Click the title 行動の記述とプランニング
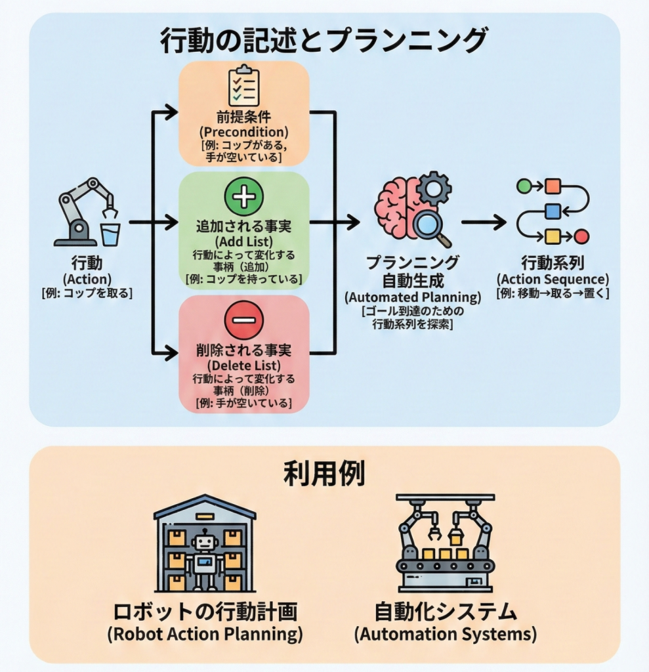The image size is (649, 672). [x=324, y=41]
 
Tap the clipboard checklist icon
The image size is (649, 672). [x=243, y=85]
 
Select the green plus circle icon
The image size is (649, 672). [x=243, y=196]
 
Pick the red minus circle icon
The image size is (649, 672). [x=243, y=320]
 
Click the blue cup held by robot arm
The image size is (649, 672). [x=110, y=233]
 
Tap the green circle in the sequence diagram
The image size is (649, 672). [x=524, y=186]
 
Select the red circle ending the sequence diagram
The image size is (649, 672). [x=581, y=236]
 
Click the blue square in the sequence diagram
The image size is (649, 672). [x=553, y=211]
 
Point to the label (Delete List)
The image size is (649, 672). [x=243, y=366]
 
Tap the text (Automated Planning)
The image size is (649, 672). [x=413, y=297]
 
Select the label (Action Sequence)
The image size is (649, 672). [x=553, y=278]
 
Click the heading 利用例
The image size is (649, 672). [x=324, y=474]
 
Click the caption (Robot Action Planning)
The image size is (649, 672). [x=205, y=635]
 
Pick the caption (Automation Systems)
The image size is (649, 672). [x=446, y=635]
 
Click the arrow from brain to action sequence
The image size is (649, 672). [x=484, y=222]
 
